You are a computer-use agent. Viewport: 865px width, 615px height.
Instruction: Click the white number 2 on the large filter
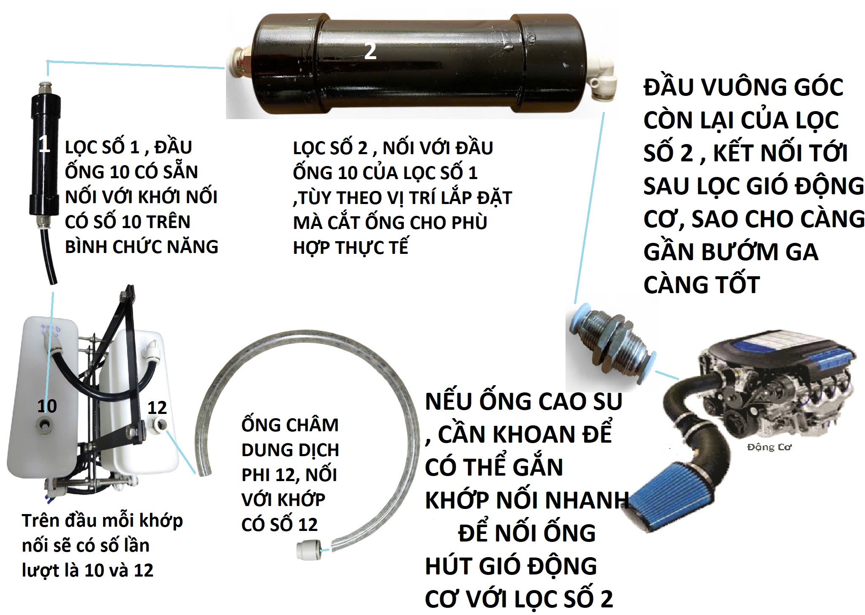370,51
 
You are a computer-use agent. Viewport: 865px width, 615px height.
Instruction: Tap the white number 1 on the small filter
44,144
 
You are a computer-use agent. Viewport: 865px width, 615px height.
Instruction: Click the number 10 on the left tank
47,406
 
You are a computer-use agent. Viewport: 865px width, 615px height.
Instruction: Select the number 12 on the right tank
157,408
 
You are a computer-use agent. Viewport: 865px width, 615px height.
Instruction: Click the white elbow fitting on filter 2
602,80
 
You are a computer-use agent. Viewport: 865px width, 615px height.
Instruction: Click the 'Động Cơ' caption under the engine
769,447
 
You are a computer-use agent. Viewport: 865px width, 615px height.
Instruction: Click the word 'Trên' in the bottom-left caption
40,521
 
